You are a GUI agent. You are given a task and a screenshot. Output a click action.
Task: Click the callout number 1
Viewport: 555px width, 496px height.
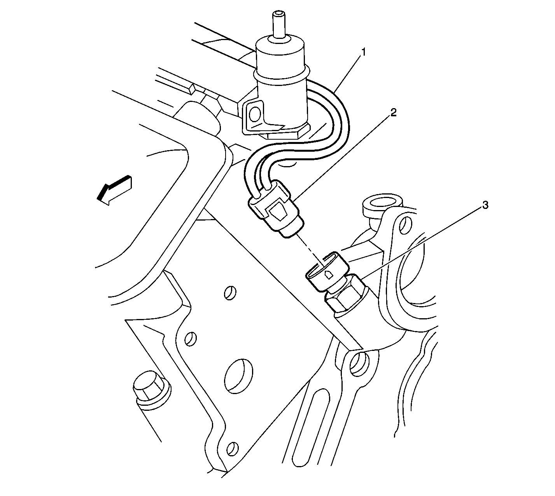tap(363, 52)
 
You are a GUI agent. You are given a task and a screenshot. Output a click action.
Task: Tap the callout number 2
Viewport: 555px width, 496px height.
tap(393, 112)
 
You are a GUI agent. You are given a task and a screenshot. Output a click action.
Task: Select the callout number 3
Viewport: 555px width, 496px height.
tap(485, 205)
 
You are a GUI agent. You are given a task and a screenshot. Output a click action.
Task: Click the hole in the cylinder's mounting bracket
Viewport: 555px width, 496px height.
tap(256, 114)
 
